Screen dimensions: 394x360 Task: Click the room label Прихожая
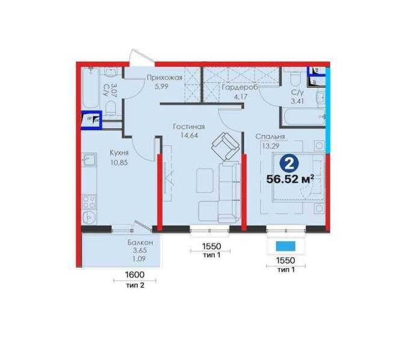tap(164, 78)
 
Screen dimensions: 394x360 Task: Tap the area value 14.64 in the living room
tap(189, 136)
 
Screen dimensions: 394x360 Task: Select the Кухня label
tap(119, 153)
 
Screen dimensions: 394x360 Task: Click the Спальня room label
tap(270, 137)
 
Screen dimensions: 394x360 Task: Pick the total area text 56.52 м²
tap(290, 179)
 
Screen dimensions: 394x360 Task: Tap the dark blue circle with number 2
tap(289, 164)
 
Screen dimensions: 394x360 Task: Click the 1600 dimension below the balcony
tap(135, 275)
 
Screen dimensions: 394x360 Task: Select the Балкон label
tap(140, 243)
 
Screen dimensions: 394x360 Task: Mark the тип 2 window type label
tap(135, 285)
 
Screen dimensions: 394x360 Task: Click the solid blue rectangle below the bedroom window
tap(286, 246)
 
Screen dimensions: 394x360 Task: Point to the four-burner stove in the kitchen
tap(89, 202)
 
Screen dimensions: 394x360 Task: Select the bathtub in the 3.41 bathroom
tap(304, 116)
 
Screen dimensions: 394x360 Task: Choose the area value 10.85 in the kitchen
tap(119, 163)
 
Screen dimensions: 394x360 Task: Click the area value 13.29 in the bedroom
tap(271, 146)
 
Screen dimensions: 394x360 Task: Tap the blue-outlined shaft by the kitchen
tap(91, 120)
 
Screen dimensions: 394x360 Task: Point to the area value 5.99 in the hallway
tap(161, 87)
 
